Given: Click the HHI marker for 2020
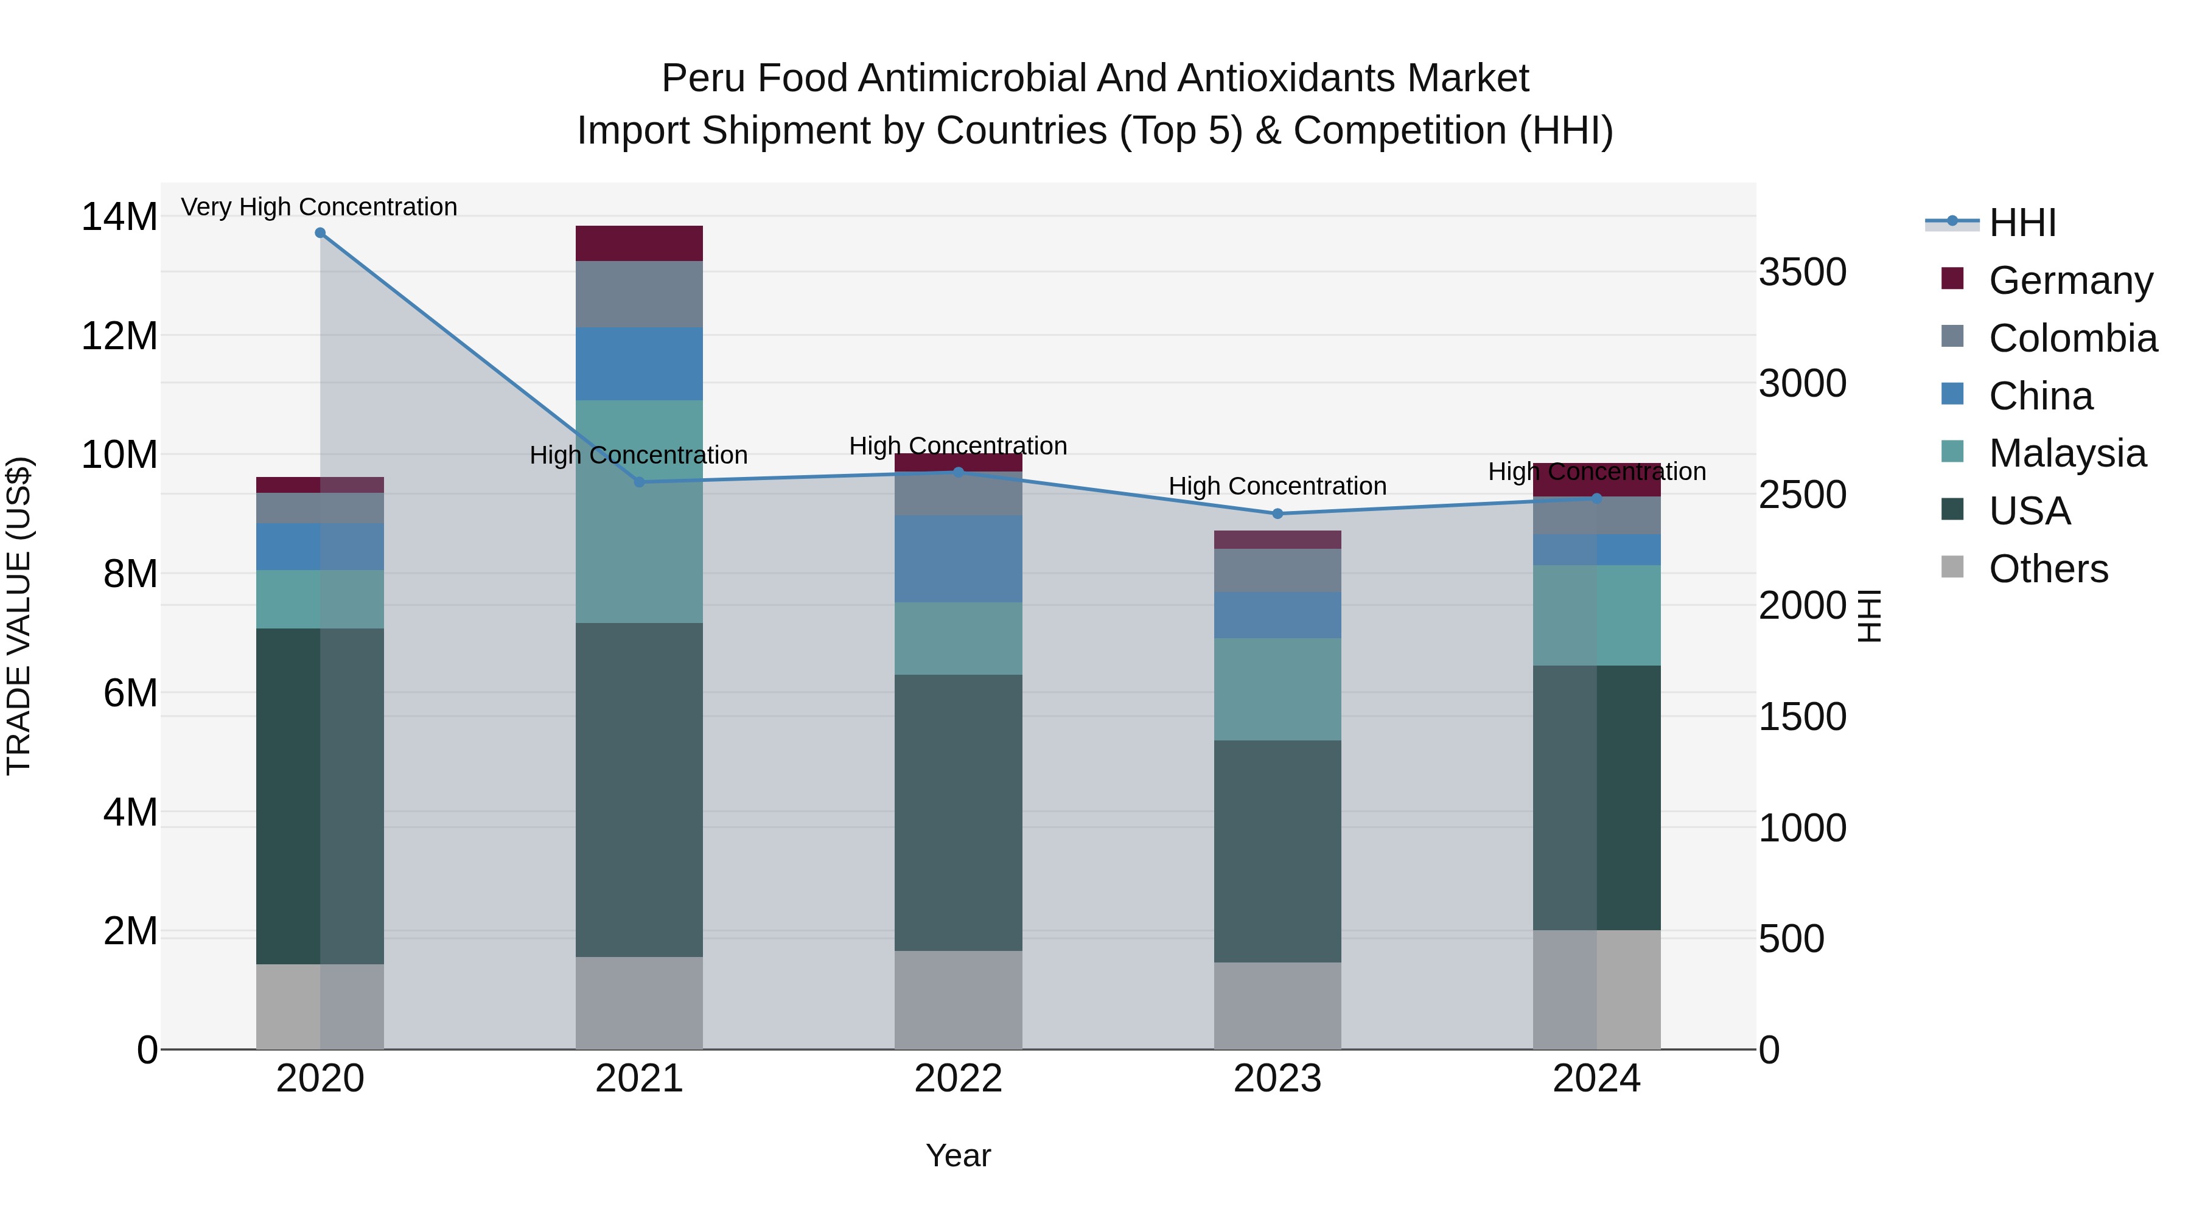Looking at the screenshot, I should (320, 233).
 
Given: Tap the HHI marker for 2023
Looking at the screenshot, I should (1277, 513).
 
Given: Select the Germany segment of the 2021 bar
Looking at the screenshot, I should (639, 243).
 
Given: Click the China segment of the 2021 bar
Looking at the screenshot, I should (639, 364).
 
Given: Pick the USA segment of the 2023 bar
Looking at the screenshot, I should (1277, 851).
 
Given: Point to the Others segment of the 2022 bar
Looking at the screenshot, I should (958, 1000).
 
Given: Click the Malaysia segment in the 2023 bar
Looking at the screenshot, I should (1277, 689).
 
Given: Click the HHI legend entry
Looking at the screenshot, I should (2022, 223).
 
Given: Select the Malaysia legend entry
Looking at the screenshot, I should (2067, 453).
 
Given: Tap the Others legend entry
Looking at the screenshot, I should (2048, 569).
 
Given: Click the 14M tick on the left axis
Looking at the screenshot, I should (119, 217).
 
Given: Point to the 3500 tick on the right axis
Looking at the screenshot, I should (1802, 273).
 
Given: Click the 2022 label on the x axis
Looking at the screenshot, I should (958, 1079).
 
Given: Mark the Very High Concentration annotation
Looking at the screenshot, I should (319, 207).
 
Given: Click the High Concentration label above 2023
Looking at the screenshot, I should (1277, 486).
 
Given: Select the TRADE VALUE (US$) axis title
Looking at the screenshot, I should (19, 616).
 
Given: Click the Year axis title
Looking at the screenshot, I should (958, 1155).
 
